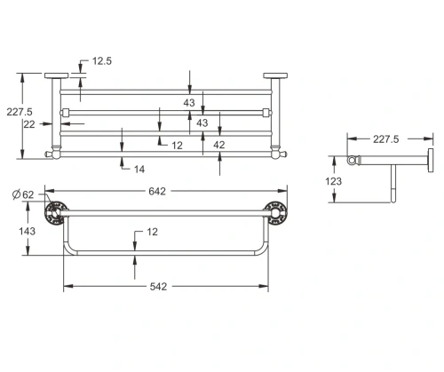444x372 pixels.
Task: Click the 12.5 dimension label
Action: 102,61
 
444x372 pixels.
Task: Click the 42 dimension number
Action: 218,145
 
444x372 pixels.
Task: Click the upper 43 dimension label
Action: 188,103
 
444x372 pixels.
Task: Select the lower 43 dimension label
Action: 202,123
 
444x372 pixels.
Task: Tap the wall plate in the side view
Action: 430,162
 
